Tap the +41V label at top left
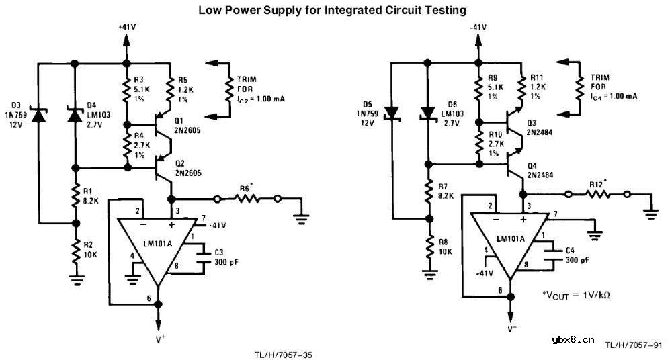click(126, 26)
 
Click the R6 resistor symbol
click(246, 199)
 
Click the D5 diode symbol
click(393, 113)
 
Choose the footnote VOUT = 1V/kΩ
click(581, 294)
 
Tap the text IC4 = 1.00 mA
click(614, 96)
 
